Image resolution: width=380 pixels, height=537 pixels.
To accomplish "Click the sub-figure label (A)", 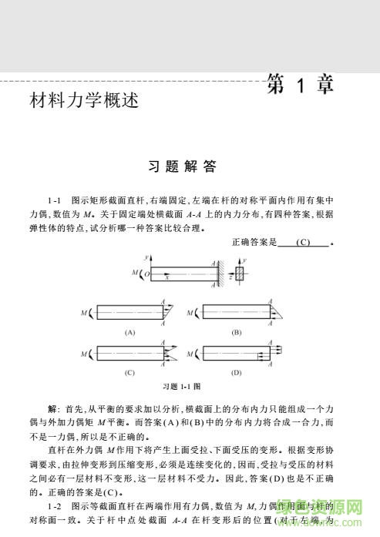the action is pyautogui.click(x=129, y=332).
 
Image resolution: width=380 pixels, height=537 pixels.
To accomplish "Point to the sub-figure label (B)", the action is pyautogui.click(x=237, y=332).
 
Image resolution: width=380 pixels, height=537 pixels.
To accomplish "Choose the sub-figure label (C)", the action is pyautogui.click(x=129, y=373).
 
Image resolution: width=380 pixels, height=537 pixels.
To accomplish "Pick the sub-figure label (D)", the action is pyautogui.click(x=237, y=373).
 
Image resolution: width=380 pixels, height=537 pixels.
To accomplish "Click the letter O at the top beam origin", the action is pyautogui.click(x=147, y=274).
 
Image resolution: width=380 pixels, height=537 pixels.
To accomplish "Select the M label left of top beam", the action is pyautogui.click(x=134, y=273).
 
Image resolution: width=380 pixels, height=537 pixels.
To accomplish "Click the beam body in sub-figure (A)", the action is pyautogui.click(x=128, y=313).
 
